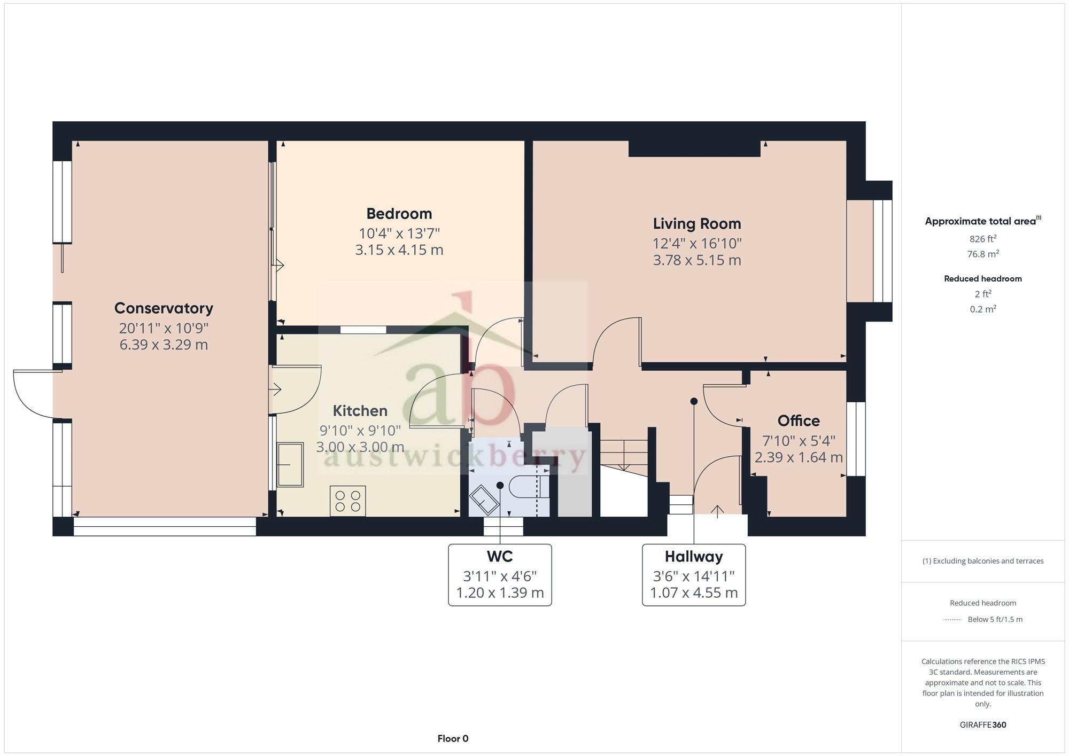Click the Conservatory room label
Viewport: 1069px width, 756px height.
[x=164, y=308]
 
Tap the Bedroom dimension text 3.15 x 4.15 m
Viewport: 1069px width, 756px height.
[x=399, y=250]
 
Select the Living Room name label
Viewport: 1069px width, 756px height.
[x=696, y=224]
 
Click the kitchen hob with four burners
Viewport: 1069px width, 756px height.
[x=347, y=501]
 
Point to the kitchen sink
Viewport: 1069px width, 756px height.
[x=290, y=464]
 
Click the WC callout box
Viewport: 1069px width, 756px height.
[x=499, y=575]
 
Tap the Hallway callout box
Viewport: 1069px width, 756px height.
[x=693, y=575]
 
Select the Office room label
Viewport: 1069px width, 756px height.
[x=798, y=421]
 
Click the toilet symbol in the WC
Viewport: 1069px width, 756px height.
[x=526, y=487]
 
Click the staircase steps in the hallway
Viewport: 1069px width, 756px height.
[x=624, y=455]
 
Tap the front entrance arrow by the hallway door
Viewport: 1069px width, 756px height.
[x=717, y=511]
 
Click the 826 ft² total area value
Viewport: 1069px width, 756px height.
[x=982, y=239]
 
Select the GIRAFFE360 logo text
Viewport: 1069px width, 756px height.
[x=982, y=725]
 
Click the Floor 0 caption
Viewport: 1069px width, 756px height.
[x=453, y=739]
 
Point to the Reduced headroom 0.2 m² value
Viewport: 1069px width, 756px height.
[x=982, y=309]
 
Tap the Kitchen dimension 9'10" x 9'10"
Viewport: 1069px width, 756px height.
[x=360, y=431]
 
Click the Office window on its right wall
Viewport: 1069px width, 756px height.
[x=856, y=439]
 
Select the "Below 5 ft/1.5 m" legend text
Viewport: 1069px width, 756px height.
[x=994, y=620]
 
